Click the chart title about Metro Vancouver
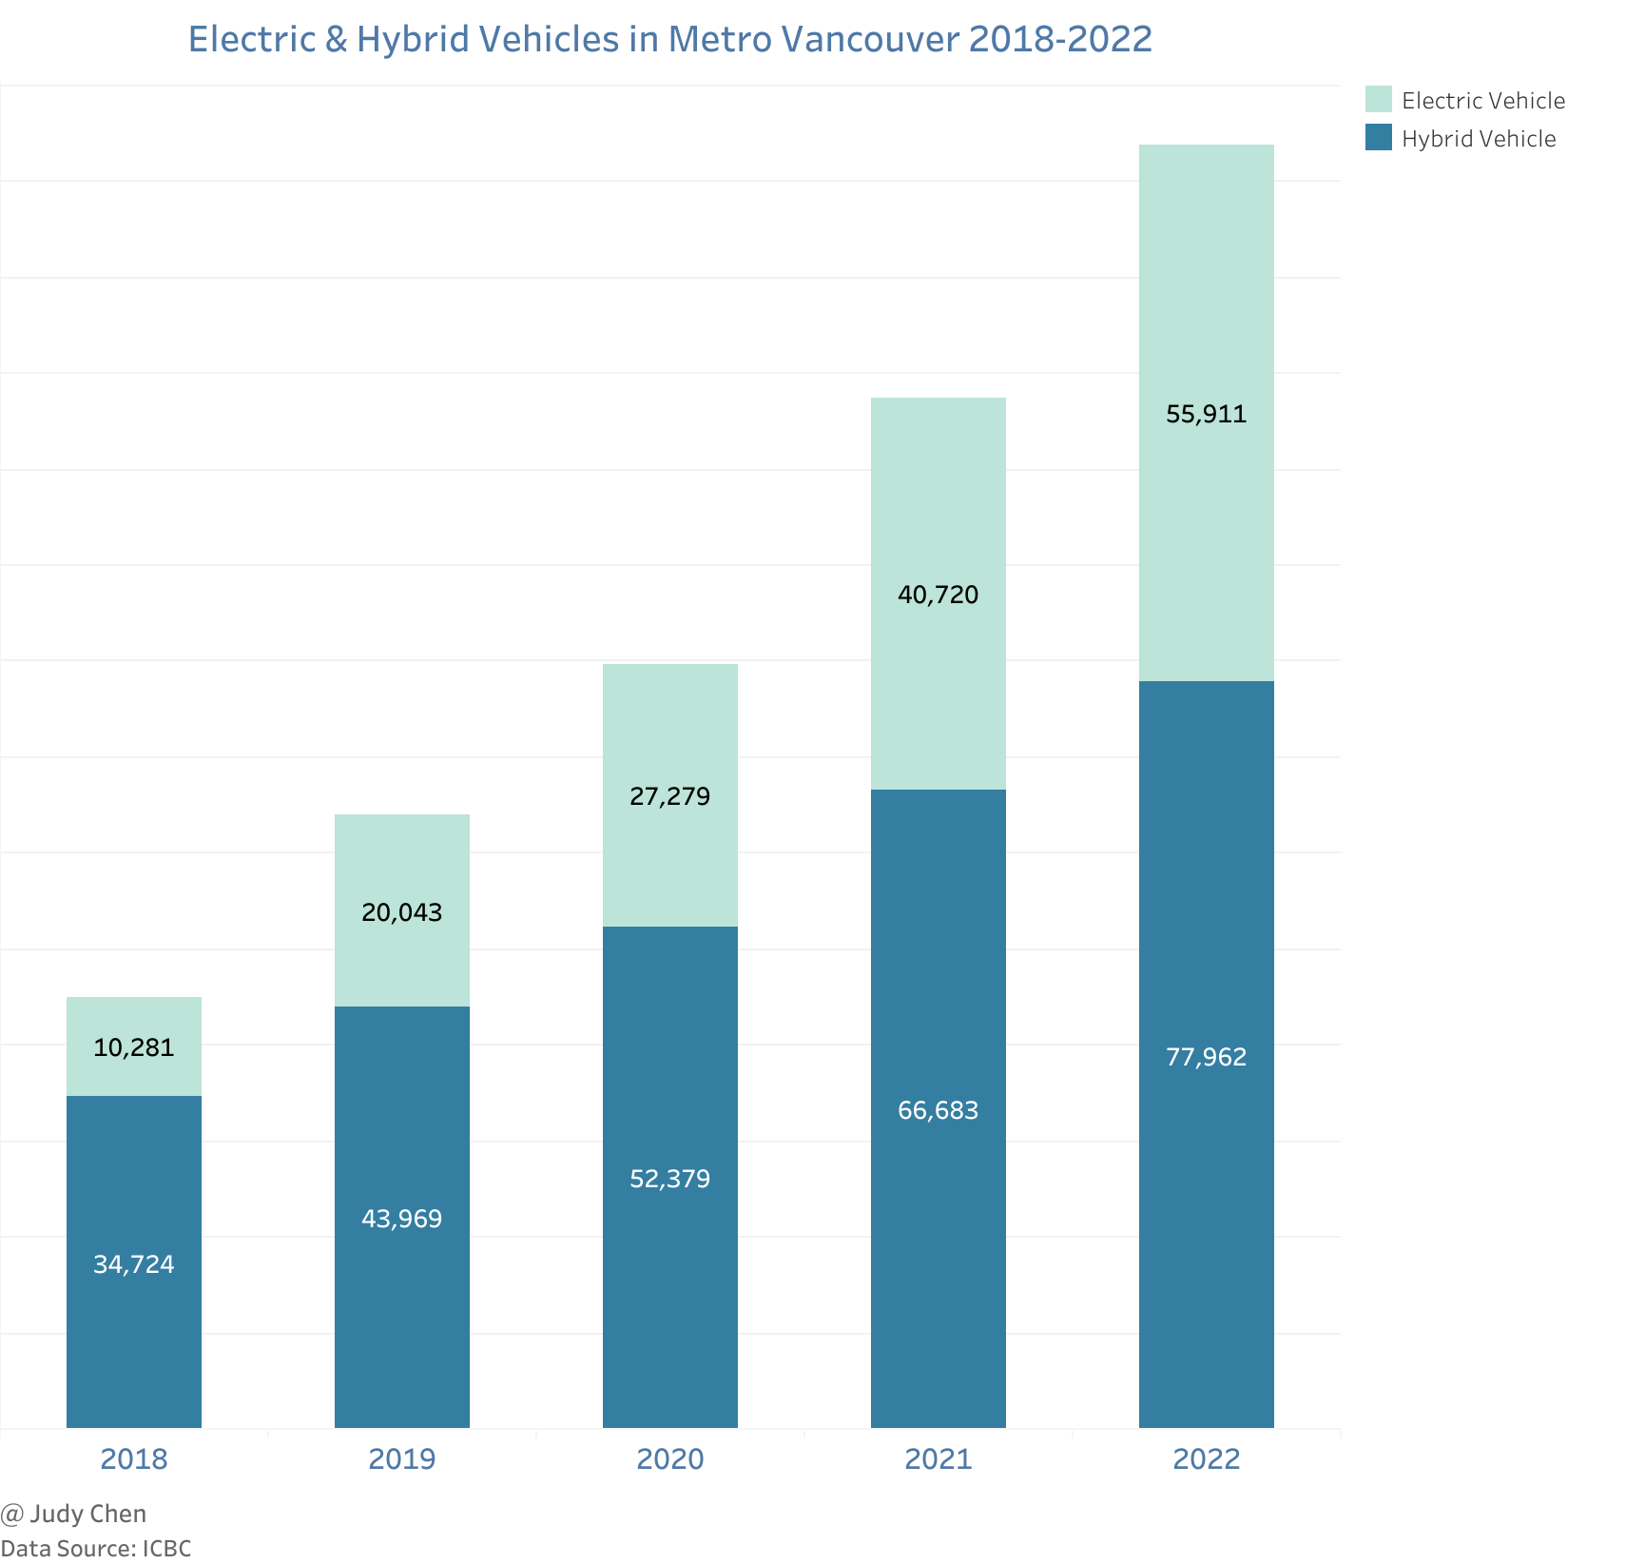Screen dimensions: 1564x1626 pyautogui.click(x=669, y=39)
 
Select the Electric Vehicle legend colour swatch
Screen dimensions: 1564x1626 pyautogui.click(x=1378, y=100)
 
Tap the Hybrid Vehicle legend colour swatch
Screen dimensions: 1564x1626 pyautogui.click(x=1378, y=138)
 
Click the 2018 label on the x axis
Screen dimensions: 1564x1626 pyautogui.click(x=134, y=1459)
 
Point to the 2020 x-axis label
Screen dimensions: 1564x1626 pyautogui.click(x=670, y=1459)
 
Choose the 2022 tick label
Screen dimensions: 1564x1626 pyautogui.click(x=1206, y=1459)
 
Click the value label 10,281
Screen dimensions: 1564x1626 pyautogui.click(x=134, y=1048)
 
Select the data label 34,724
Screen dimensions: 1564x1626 pyautogui.click(x=134, y=1264)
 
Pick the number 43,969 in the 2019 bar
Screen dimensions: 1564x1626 pyautogui.click(x=402, y=1219)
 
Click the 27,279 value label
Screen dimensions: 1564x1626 pyautogui.click(x=670, y=796)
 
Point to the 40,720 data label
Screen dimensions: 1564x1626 pyautogui.click(x=939, y=596)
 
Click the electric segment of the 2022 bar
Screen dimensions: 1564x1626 pyautogui.click(x=1206, y=285)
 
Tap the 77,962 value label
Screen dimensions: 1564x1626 pyautogui.click(x=1206, y=1057)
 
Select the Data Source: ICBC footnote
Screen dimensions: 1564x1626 pyautogui.click(x=96, y=1549)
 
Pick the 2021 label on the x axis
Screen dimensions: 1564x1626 pyautogui.click(x=939, y=1459)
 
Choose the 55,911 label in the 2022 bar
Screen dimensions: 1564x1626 pyautogui.click(x=1206, y=414)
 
